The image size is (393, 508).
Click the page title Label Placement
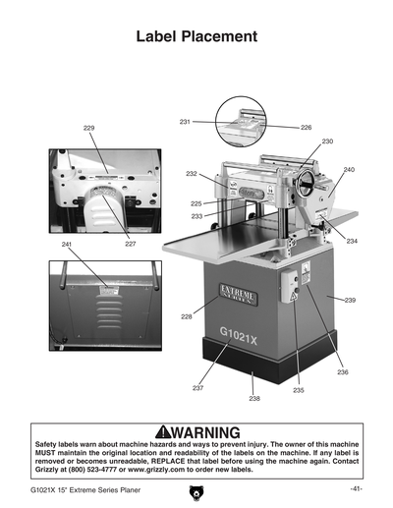click(196, 37)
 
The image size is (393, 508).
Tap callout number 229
click(89, 129)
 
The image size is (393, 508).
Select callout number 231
click(185, 122)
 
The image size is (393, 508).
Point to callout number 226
click(306, 128)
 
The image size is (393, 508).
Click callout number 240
click(348, 170)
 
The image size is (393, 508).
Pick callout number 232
click(192, 173)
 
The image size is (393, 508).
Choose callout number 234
click(352, 241)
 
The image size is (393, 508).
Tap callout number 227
click(131, 243)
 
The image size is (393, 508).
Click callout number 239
click(350, 298)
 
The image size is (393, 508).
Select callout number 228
click(186, 316)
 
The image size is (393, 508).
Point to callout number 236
click(343, 372)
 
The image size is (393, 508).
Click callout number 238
click(254, 398)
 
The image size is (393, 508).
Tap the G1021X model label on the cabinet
click(240, 331)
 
